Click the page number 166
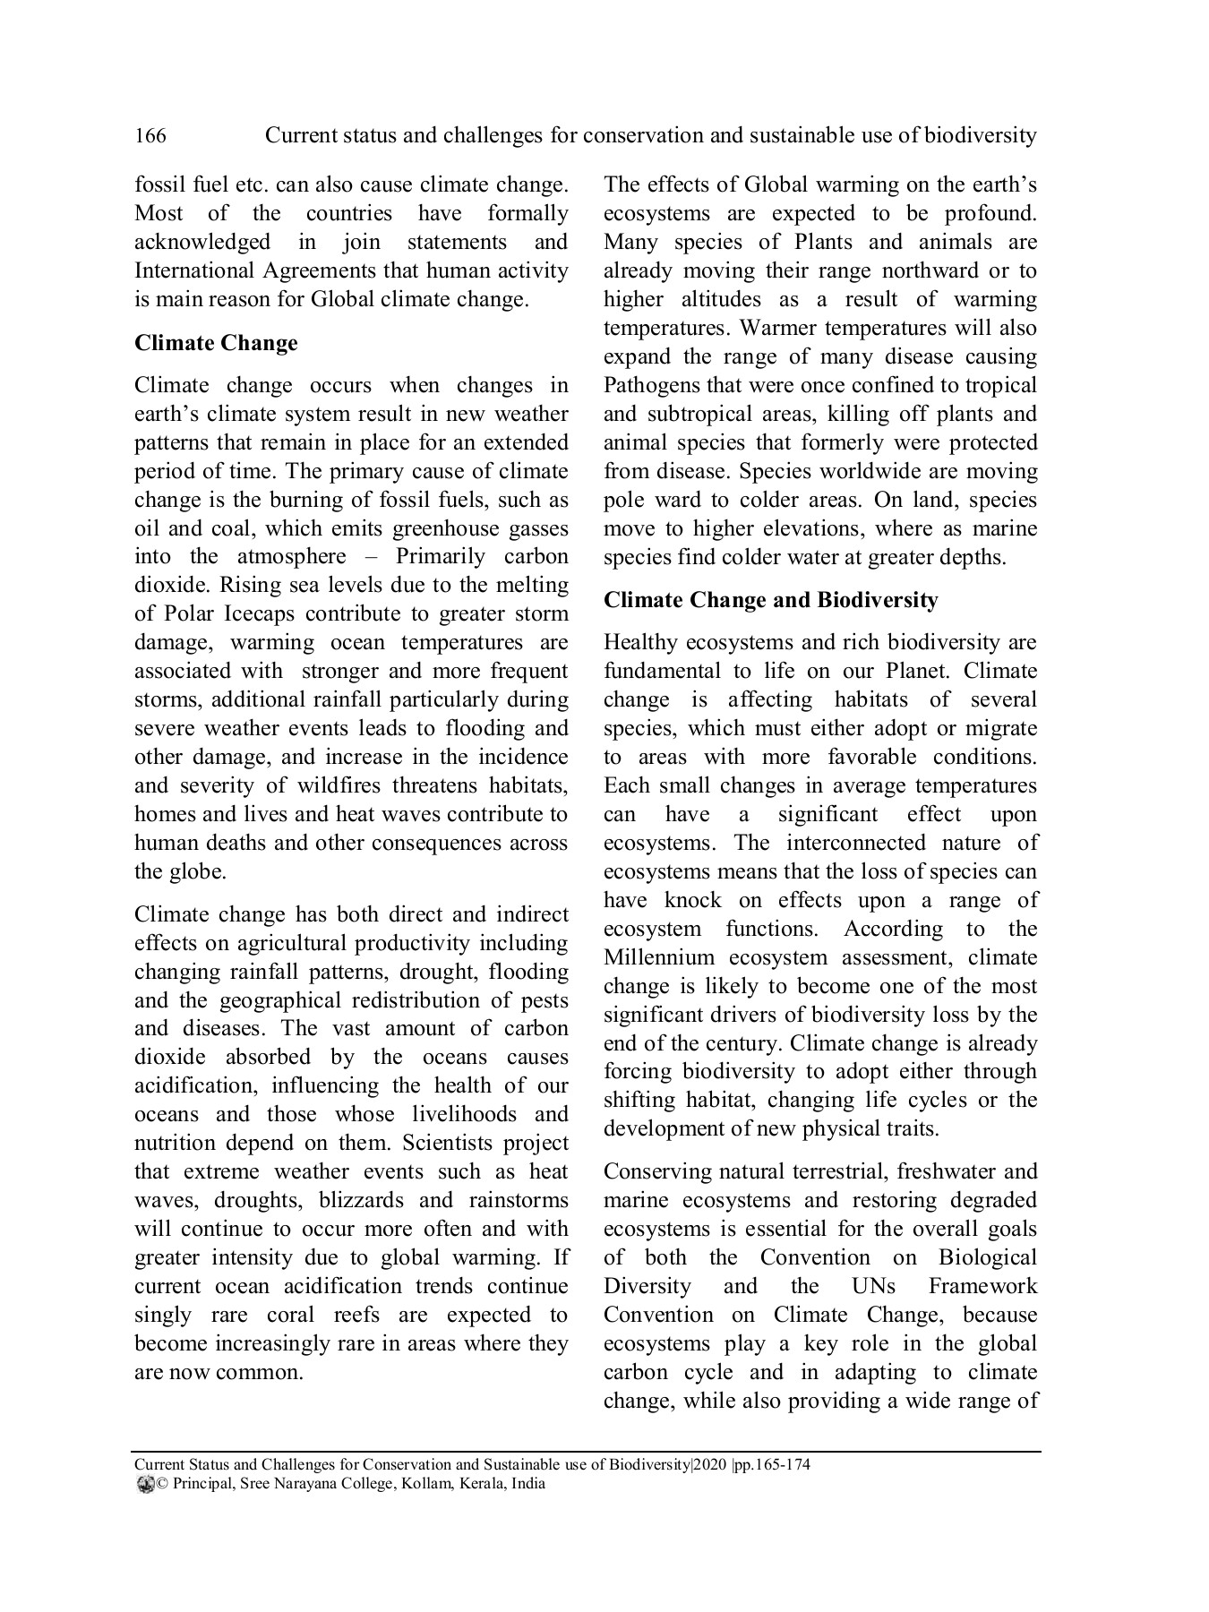pyautogui.click(x=150, y=136)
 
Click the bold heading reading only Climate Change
pyautogui.click(x=216, y=344)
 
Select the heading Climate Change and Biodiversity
pyautogui.click(x=770, y=600)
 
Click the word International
pyautogui.click(x=193, y=271)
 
